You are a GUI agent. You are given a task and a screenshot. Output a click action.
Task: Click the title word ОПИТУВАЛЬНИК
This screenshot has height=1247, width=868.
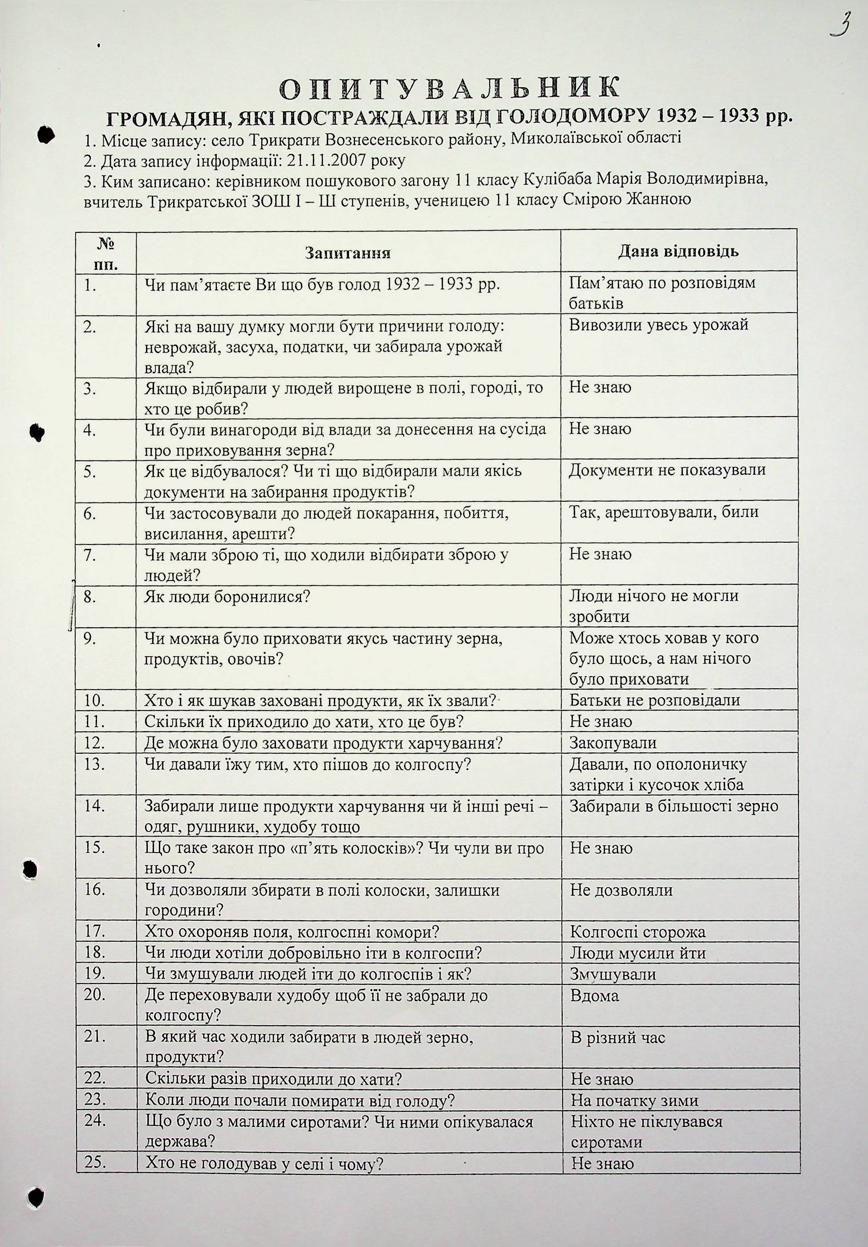coord(448,88)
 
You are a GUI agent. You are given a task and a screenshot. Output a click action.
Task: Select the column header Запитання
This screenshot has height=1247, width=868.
coord(348,253)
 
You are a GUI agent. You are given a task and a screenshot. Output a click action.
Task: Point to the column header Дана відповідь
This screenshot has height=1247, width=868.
coord(678,252)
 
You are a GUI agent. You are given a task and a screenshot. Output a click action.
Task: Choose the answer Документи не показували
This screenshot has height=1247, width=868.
coord(667,470)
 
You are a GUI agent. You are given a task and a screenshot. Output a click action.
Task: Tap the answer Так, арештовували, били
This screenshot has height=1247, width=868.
coord(664,512)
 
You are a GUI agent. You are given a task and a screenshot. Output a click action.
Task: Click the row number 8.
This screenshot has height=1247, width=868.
coord(90,597)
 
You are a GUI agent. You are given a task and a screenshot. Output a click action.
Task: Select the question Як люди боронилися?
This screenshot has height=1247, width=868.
coord(227,597)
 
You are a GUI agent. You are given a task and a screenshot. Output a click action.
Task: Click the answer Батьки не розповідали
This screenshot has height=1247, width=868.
coord(654,701)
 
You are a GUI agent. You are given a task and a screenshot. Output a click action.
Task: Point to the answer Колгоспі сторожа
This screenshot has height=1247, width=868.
coord(638,932)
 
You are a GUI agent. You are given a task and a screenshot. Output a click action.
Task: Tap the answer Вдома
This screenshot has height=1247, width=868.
coord(595,995)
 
